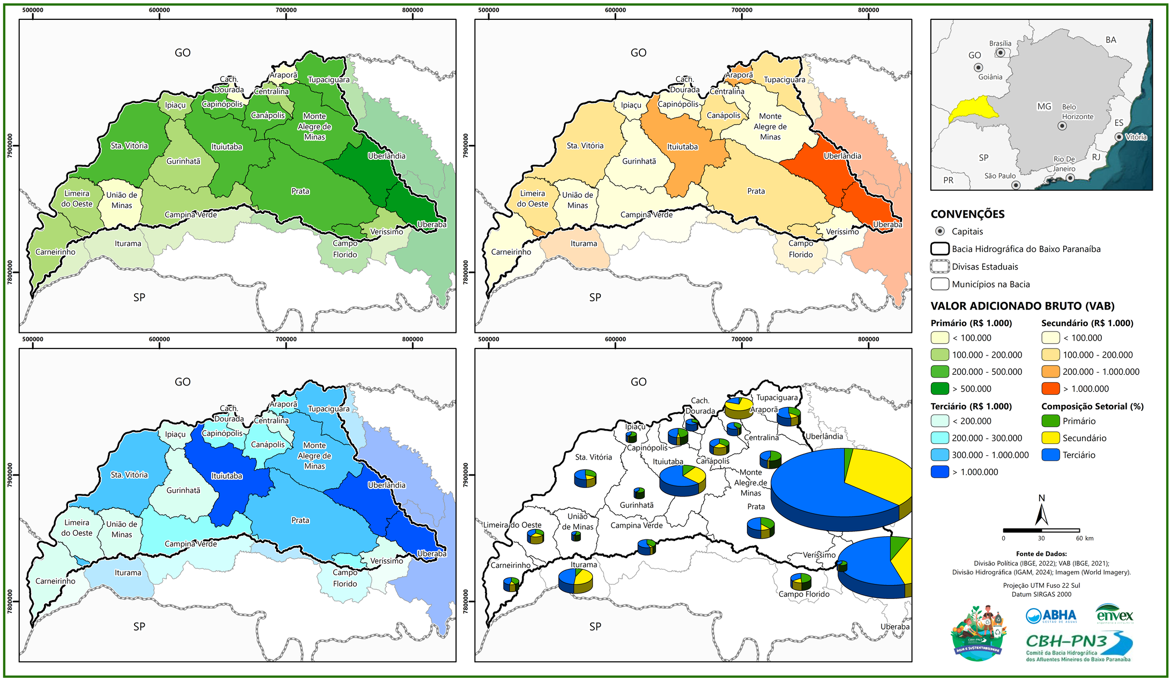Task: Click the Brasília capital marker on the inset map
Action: point(1000,53)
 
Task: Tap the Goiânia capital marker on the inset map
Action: point(978,68)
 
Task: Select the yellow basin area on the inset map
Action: point(973,110)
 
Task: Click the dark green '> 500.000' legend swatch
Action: point(940,388)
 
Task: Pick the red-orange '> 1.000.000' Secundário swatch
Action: point(1050,388)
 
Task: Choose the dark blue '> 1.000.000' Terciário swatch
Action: point(940,472)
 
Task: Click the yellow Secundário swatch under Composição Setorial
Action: point(1050,438)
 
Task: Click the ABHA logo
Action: point(1051,616)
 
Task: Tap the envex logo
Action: point(1115,615)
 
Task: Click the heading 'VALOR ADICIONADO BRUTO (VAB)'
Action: point(1022,306)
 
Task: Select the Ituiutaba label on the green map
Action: point(227,147)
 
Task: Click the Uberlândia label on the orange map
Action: point(842,156)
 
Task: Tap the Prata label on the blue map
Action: point(300,520)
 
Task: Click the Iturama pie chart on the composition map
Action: point(576,581)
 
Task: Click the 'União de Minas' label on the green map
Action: point(122,200)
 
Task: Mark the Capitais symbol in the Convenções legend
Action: point(940,231)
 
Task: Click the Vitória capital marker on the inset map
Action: point(1119,137)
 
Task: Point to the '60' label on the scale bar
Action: point(1079,538)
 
